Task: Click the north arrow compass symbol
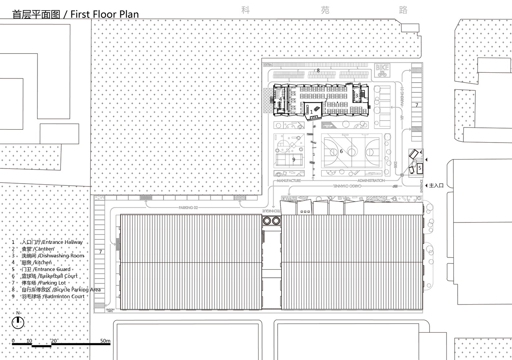click(18, 323)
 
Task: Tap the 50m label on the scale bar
click(105, 341)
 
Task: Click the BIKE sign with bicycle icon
click(382, 70)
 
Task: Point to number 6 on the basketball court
click(341, 151)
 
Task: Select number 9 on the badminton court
click(294, 159)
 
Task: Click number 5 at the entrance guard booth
click(419, 168)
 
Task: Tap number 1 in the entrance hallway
click(312, 112)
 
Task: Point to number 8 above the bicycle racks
click(318, 70)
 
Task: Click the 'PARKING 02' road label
click(188, 208)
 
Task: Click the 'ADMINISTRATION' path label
click(371, 180)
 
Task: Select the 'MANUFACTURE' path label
click(288, 180)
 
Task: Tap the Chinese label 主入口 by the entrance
click(436, 185)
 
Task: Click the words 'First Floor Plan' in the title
click(104, 14)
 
